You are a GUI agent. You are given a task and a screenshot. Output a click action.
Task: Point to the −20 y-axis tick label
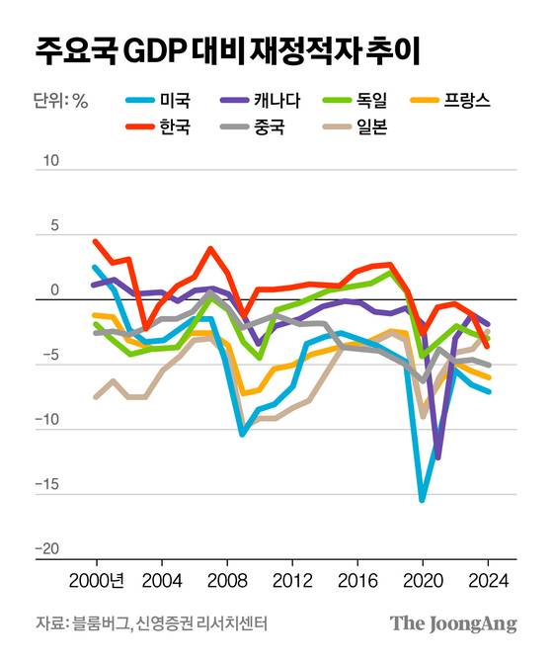[47, 549]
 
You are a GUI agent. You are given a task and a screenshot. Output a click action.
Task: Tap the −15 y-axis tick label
[47, 485]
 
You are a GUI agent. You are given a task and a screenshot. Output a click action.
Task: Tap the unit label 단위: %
[62, 100]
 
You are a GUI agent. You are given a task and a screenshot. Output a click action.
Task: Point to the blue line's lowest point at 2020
[422, 500]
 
